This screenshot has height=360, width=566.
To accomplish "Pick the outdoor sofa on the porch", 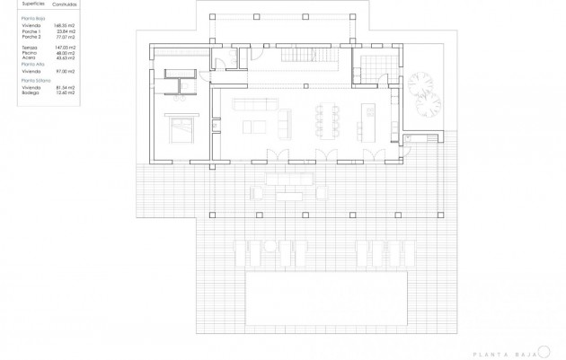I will tap(288, 178).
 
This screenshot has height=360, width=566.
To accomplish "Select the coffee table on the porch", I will tap(287, 190).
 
